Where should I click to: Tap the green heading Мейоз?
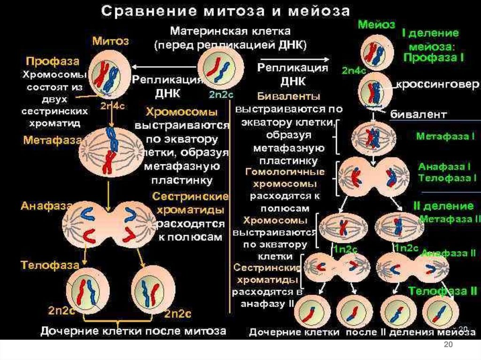click(375, 24)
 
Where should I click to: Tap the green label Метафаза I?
click(446, 136)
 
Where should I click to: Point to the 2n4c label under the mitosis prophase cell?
click(112, 106)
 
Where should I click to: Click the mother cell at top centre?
click(221, 69)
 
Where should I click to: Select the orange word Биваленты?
click(288, 96)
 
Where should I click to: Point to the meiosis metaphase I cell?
click(373, 138)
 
